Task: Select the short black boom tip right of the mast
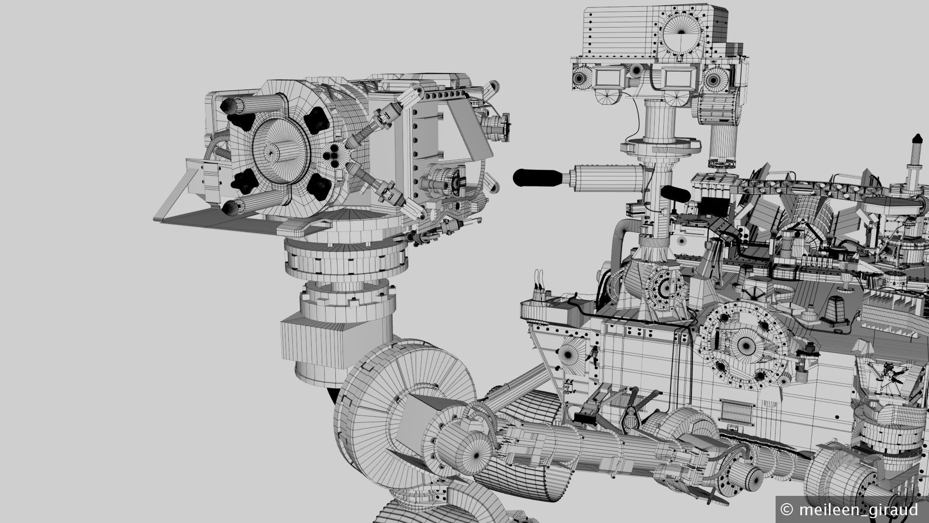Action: pyautogui.click(x=674, y=193)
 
